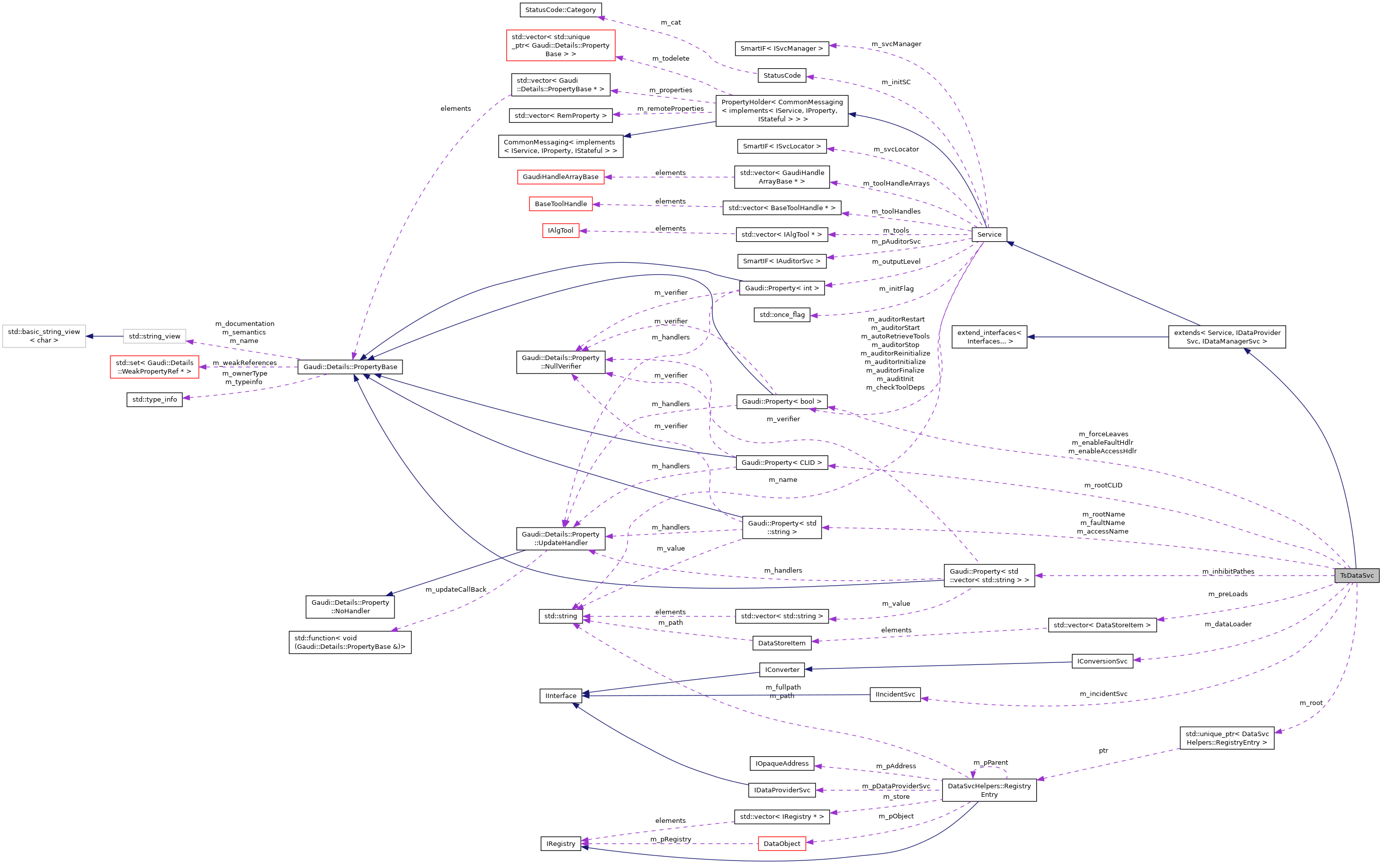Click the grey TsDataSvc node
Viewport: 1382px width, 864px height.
tap(1356, 576)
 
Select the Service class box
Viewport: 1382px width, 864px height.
tap(989, 234)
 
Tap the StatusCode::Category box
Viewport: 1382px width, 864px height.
tap(561, 10)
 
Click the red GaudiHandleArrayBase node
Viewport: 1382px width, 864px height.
tap(561, 177)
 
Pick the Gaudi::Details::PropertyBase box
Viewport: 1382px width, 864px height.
tap(350, 367)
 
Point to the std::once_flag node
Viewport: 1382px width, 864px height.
tap(782, 315)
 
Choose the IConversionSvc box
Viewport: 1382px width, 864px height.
tap(1102, 661)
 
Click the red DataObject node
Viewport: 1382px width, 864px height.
tap(782, 843)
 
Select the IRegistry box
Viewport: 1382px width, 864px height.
tap(561, 843)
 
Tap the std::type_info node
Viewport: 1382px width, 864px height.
tap(155, 400)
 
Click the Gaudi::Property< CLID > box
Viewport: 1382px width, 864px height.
tap(782, 463)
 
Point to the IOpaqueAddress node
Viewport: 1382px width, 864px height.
tap(782, 763)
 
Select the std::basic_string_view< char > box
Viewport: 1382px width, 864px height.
tap(44, 336)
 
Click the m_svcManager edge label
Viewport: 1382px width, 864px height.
tap(896, 44)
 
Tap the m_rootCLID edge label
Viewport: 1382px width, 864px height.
tap(1103, 485)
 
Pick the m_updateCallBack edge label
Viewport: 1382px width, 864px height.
tap(456, 590)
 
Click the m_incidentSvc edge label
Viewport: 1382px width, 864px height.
tap(1103, 694)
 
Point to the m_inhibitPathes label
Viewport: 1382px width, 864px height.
tap(1227, 572)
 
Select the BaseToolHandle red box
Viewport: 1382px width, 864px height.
tap(561, 204)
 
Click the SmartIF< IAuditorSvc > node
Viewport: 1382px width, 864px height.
tap(782, 261)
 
